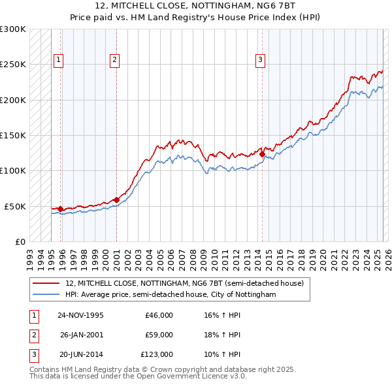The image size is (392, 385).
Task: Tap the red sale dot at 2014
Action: pos(262,155)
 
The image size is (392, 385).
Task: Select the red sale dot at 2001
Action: pos(116,200)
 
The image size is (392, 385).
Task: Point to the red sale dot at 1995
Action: pos(60,209)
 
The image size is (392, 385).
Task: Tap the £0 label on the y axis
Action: pos(20,241)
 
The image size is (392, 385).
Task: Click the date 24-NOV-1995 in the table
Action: pos(80,315)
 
